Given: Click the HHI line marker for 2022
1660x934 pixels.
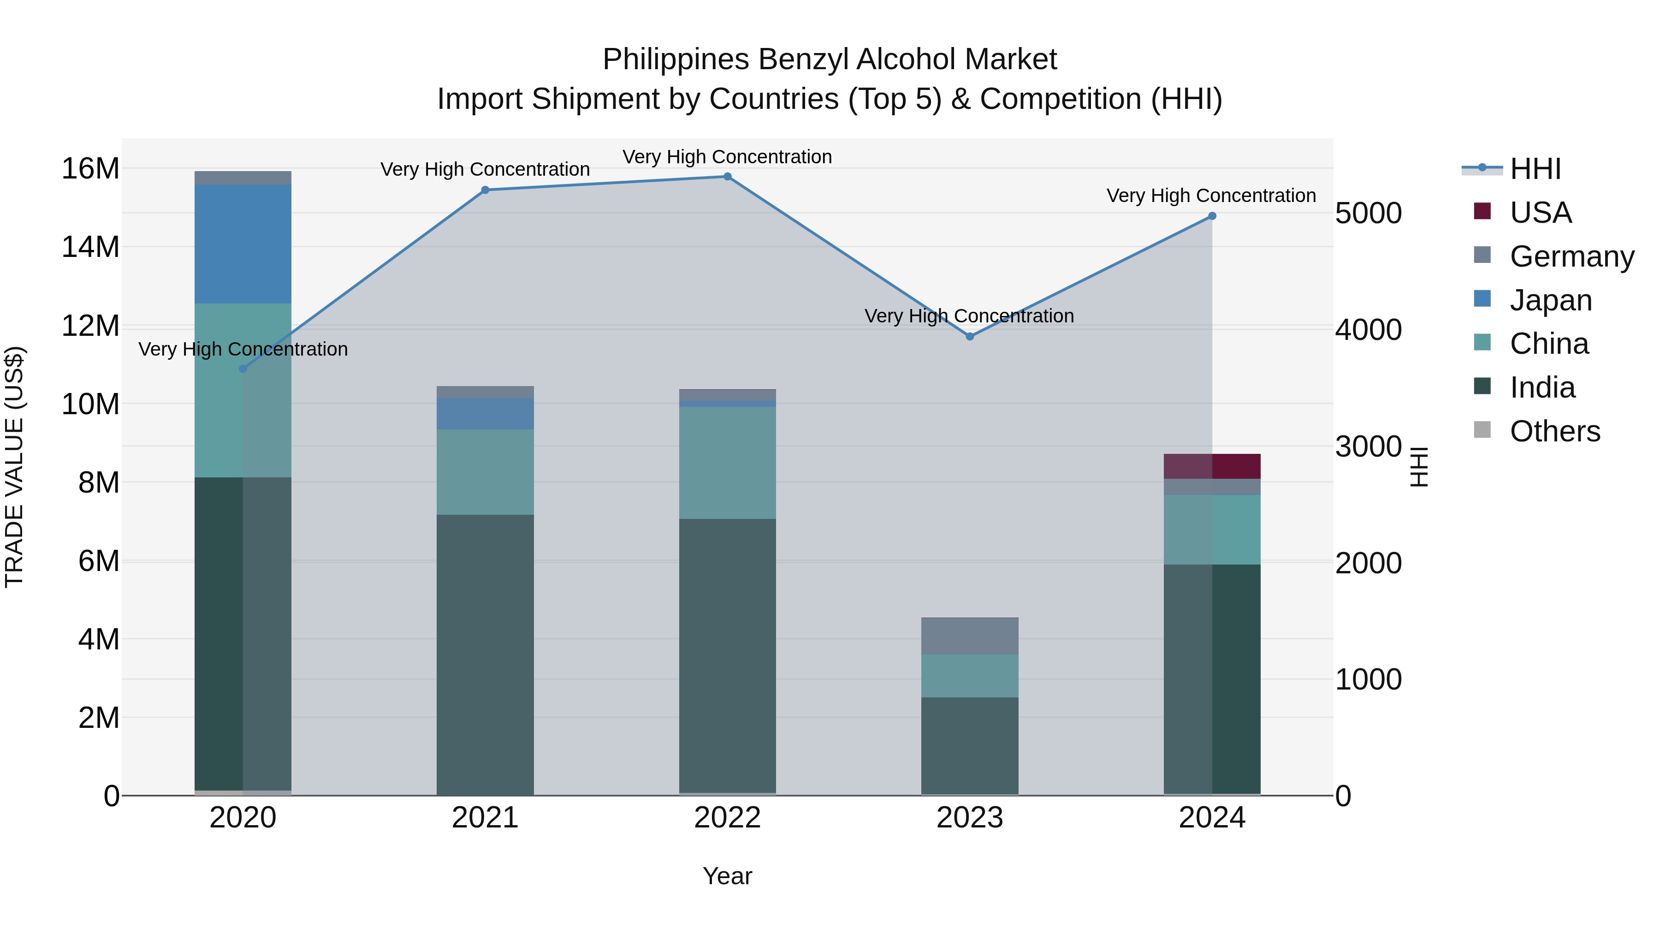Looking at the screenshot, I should pos(728,177).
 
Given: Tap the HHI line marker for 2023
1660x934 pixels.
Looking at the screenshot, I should pos(970,337).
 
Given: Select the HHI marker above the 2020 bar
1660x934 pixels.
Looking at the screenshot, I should pos(243,369).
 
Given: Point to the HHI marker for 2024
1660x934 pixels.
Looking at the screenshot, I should pos(1212,216).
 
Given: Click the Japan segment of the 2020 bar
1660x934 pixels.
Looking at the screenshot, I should pos(243,244).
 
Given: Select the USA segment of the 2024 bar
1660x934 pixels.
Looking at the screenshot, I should pos(1212,466).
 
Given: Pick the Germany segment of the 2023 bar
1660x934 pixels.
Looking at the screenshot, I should pos(970,636).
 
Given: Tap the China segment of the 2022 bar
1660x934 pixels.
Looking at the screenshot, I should pos(728,463).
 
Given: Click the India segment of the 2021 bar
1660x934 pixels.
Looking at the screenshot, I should pos(485,654).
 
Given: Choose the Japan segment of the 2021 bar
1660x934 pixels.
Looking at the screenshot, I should pos(485,414).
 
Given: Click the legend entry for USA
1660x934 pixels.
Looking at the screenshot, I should pos(1540,213).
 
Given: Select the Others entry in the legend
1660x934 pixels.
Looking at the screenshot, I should pos(1554,431).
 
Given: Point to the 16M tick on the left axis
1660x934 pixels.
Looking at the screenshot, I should pos(90,169).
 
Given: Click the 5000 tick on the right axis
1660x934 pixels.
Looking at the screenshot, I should pos(1368,214).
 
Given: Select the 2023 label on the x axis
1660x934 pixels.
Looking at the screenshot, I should pos(970,818).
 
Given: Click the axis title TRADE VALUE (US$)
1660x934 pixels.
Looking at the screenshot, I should pos(14,467).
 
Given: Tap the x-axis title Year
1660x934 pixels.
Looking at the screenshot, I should pos(728,876).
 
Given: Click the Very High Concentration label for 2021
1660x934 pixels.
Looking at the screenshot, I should pos(485,170).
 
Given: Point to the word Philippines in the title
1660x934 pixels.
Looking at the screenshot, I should pos(676,59).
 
